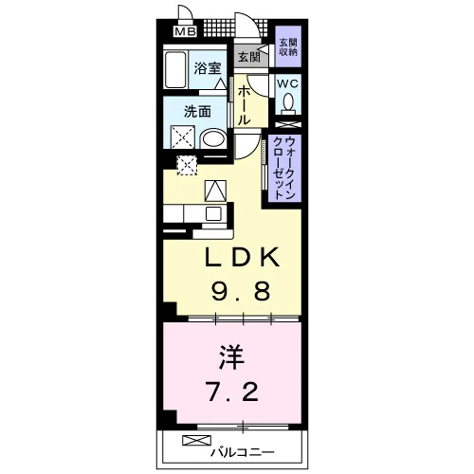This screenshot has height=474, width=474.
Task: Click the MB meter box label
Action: (x=186, y=32)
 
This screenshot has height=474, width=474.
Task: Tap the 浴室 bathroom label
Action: (x=208, y=68)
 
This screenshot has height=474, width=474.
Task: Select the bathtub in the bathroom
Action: (x=175, y=70)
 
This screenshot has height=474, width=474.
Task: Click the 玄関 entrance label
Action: (x=249, y=58)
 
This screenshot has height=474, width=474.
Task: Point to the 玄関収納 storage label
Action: (x=288, y=47)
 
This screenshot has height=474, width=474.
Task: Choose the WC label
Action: (x=287, y=84)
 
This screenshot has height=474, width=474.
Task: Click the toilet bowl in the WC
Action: (x=288, y=102)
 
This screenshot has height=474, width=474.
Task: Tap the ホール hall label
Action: (x=244, y=105)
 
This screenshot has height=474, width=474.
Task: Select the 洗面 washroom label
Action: (x=197, y=111)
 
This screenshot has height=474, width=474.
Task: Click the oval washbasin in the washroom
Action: (x=213, y=138)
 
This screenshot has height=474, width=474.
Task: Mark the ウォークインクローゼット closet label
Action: (x=283, y=168)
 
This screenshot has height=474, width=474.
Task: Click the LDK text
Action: (x=243, y=257)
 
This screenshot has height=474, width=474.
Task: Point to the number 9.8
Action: (x=241, y=291)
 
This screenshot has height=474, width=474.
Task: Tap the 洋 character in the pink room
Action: (x=232, y=357)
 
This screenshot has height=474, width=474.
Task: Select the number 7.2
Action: (x=232, y=392)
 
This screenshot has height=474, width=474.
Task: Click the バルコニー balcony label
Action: (x=242, y=452)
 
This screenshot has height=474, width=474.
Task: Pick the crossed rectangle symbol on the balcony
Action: (x=196, y=441)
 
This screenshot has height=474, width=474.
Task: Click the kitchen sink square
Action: (x=213, y=214)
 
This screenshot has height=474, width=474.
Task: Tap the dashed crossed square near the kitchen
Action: (x=187, y=165)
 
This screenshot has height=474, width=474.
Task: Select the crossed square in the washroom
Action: (x=183, y=137)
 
